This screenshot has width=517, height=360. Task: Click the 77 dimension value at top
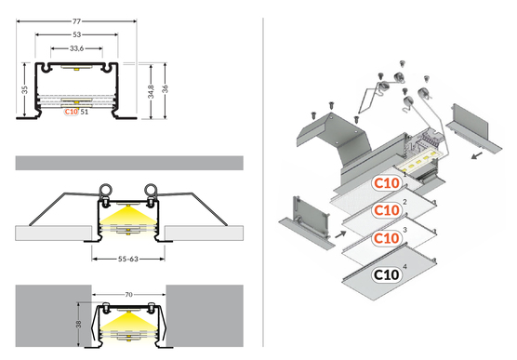tap(76, 21)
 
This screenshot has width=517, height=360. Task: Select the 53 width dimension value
tap(76, 34)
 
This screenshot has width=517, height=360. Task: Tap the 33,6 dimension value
tap(76, 48)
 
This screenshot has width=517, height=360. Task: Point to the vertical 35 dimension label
tap(25, 89)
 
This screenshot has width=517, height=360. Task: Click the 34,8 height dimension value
tap(151, 91)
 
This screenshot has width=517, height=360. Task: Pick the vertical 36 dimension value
tap(166, 88)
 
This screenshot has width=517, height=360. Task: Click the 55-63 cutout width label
tap(128, 259)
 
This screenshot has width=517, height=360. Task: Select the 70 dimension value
tap(128, 294)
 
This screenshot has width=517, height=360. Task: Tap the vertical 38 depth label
tap(78, 324)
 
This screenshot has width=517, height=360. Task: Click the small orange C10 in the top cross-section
tap(72, 112)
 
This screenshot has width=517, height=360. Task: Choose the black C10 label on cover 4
tap(387, 274)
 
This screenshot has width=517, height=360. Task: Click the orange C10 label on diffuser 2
tap(387, 210)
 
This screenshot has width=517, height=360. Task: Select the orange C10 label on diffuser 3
tap(387, 238)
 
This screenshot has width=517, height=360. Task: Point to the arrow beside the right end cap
tap(477, 155)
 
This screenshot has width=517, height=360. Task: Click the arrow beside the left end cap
tap(340, 234)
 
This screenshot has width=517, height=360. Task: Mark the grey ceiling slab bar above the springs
tap(129, 163)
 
